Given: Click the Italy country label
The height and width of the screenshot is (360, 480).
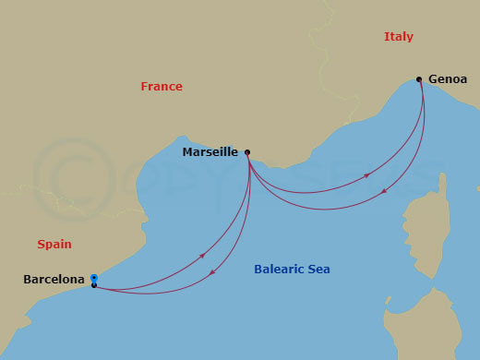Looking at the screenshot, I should pyautogui.click(x=399, y=37).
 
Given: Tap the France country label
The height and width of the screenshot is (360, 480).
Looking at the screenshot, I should pyautogui.click(x=162, y=87).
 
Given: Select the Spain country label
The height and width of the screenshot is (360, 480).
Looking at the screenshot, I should pyautogui.click(x=54, y=245).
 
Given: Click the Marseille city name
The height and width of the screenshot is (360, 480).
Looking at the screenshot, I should pyautogui.click(x=210, y=151).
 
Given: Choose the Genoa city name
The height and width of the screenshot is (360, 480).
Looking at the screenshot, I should pyautogui.click(x=448, y=79).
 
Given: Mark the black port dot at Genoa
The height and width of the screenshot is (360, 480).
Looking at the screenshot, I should pyautogui.click(x=419, y=79).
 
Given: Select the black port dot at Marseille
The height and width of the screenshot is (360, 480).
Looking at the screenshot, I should pyautogui.click(x=247, y=153).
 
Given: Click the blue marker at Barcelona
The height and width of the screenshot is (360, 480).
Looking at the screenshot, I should pyautogui.click(x=94, y=278).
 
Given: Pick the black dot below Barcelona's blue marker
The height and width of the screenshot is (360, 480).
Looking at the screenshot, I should pyautogui.click(x=94, y=285).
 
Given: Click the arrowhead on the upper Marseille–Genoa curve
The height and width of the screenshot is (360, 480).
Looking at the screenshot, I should pyautogui.click(x=367, y=174).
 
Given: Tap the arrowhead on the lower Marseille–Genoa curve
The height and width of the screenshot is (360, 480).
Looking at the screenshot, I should pyautogui.click(x=384, y=192).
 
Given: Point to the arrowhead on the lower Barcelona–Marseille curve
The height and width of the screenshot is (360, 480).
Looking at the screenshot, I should pyautogui.click(x=213, y=272).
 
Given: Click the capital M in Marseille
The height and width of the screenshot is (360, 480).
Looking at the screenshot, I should pyautogui.click(x=187, y=151).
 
